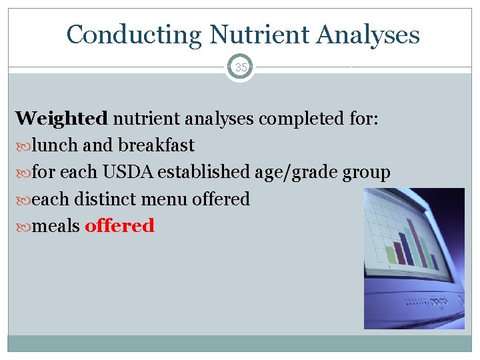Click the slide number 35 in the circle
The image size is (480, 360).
pyautogui.click(x=240, y=67)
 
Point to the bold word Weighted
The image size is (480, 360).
pyautogui.click(x=61, y=119)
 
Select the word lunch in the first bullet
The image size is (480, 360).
pyautogui.click(x=55, y=145)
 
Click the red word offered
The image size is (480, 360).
pyautogui.click(x=119, y=225)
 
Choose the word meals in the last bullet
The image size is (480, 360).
pyautogui.click(x=57, y=225)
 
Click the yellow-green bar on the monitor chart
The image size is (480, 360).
pyautogui.click(x=391, y=254)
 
